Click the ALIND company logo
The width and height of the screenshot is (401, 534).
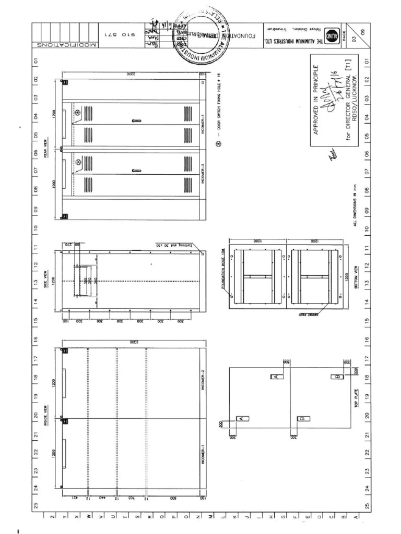pyautogui.click(x=332, y=36)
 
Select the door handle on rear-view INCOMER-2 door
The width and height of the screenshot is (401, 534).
pyautogui.click(x=136, y=171)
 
